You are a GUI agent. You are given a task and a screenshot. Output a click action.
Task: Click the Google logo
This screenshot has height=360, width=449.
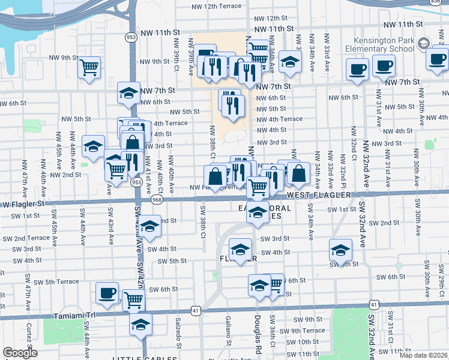pos(20,353)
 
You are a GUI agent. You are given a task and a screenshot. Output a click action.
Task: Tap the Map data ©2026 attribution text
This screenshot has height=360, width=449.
pos(424,356)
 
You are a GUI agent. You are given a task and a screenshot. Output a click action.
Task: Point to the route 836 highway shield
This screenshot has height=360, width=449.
pos(443,3)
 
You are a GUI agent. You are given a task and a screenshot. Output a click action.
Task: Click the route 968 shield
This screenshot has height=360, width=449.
pos(157,199)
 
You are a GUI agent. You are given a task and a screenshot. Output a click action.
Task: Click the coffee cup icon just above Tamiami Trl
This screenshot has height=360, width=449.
pos(107,293)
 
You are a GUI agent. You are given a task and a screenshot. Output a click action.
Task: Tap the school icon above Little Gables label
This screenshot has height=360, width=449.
pos(140,325)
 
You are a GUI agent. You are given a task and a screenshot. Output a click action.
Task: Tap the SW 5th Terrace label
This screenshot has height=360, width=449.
pos(56,281)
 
